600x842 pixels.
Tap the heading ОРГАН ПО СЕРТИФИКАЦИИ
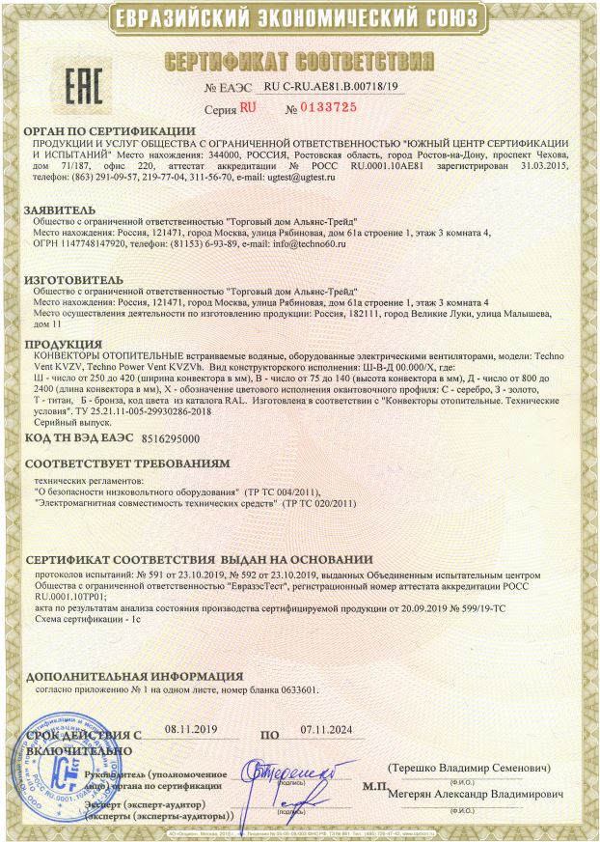110,130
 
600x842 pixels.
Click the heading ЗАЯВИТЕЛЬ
60,209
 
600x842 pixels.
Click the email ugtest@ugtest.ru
310,180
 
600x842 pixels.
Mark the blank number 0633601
291,690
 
